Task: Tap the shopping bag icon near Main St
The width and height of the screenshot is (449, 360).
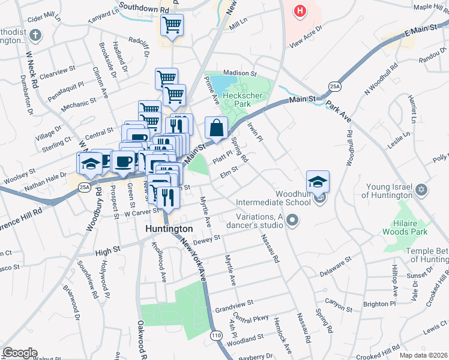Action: (215, 127)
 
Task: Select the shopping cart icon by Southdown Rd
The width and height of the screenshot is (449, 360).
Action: (172, 25)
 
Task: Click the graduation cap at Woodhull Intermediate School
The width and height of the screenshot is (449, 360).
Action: (318, 181)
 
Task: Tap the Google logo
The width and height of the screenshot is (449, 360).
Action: (20, 353)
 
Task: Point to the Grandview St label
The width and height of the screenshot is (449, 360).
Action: (234, 305)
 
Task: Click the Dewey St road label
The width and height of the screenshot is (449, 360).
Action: (208, 239)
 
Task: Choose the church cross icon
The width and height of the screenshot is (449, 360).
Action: (35, 34)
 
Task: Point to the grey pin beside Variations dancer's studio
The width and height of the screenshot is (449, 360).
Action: (292, 221)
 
